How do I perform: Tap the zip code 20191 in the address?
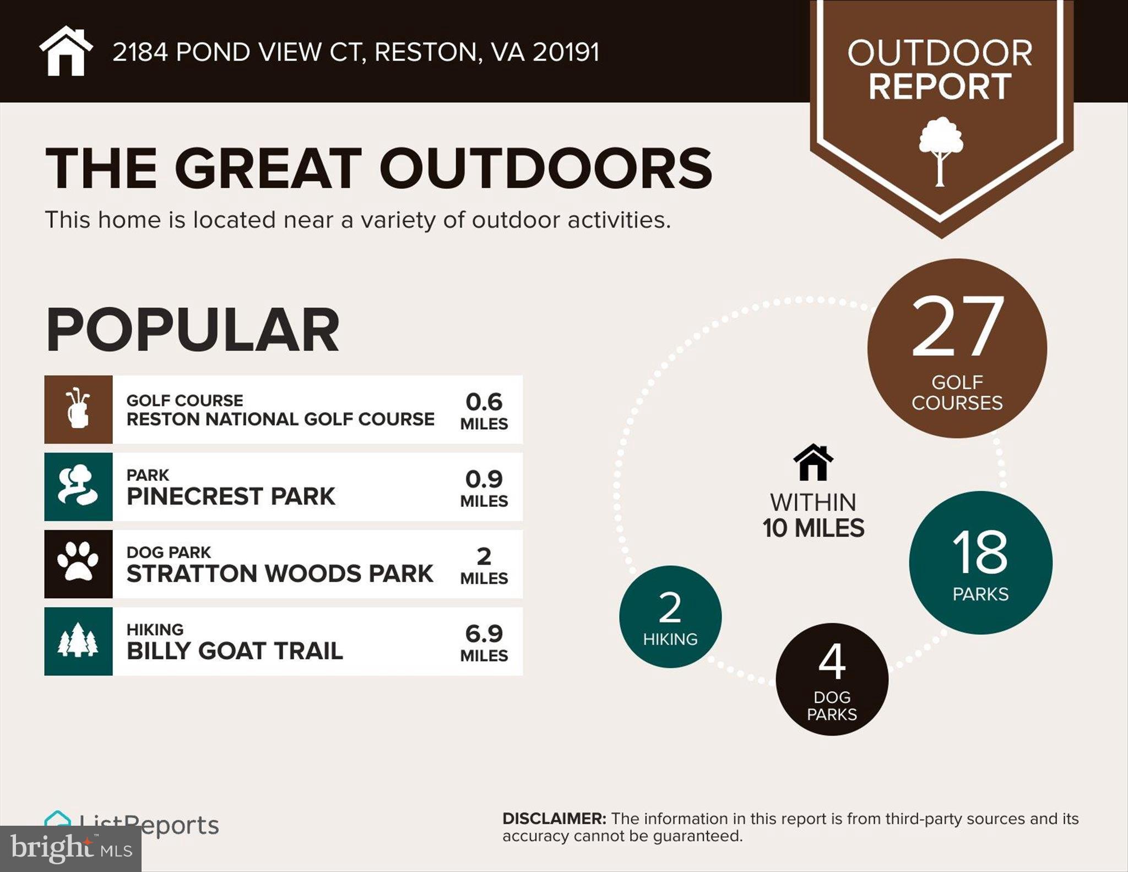[566, 52]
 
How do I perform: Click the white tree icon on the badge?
[941, 150]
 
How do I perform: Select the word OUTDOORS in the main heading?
[545, 169]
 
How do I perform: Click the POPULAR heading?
[192, 330]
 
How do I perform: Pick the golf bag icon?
[78, 409]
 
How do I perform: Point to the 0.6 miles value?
[484, 410]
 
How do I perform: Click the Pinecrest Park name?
[230, 496]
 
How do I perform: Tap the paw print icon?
[78, 564]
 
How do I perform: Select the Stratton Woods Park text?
[279, 573]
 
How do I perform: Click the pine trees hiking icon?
[78, 641]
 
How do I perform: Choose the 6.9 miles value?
[484, 642]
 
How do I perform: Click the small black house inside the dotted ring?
[813, 462]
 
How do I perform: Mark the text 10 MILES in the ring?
[813, 528]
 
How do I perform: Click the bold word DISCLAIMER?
[554, 819]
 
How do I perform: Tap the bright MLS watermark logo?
[70, 848]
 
